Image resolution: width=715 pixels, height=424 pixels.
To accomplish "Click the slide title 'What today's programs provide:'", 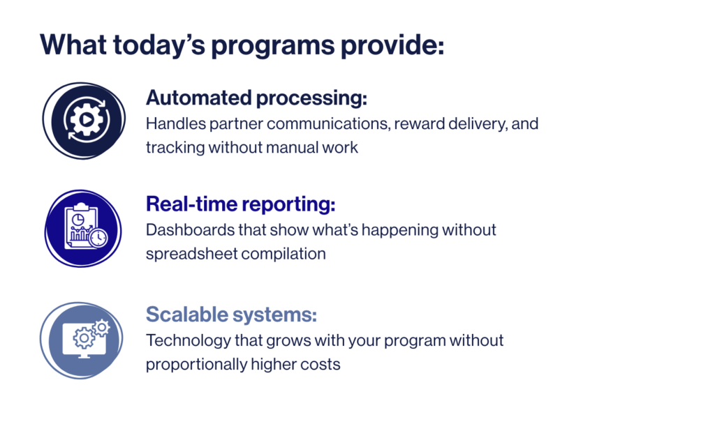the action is (242, 45).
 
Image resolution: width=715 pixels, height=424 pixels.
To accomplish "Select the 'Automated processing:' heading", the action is (256, 98).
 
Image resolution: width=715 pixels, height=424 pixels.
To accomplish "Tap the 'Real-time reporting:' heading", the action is (241, 204).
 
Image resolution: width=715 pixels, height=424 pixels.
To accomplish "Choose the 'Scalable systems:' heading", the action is (231, 315).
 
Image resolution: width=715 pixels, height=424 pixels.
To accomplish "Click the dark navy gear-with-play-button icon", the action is (84, 121).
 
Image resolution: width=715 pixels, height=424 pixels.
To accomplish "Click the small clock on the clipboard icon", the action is (98, 237).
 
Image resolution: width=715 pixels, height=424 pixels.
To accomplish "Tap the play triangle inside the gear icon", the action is (86, 120).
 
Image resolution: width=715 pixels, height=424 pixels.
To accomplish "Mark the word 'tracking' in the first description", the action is (175, 148).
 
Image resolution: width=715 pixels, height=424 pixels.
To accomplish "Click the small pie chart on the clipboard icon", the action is (78, 220).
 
